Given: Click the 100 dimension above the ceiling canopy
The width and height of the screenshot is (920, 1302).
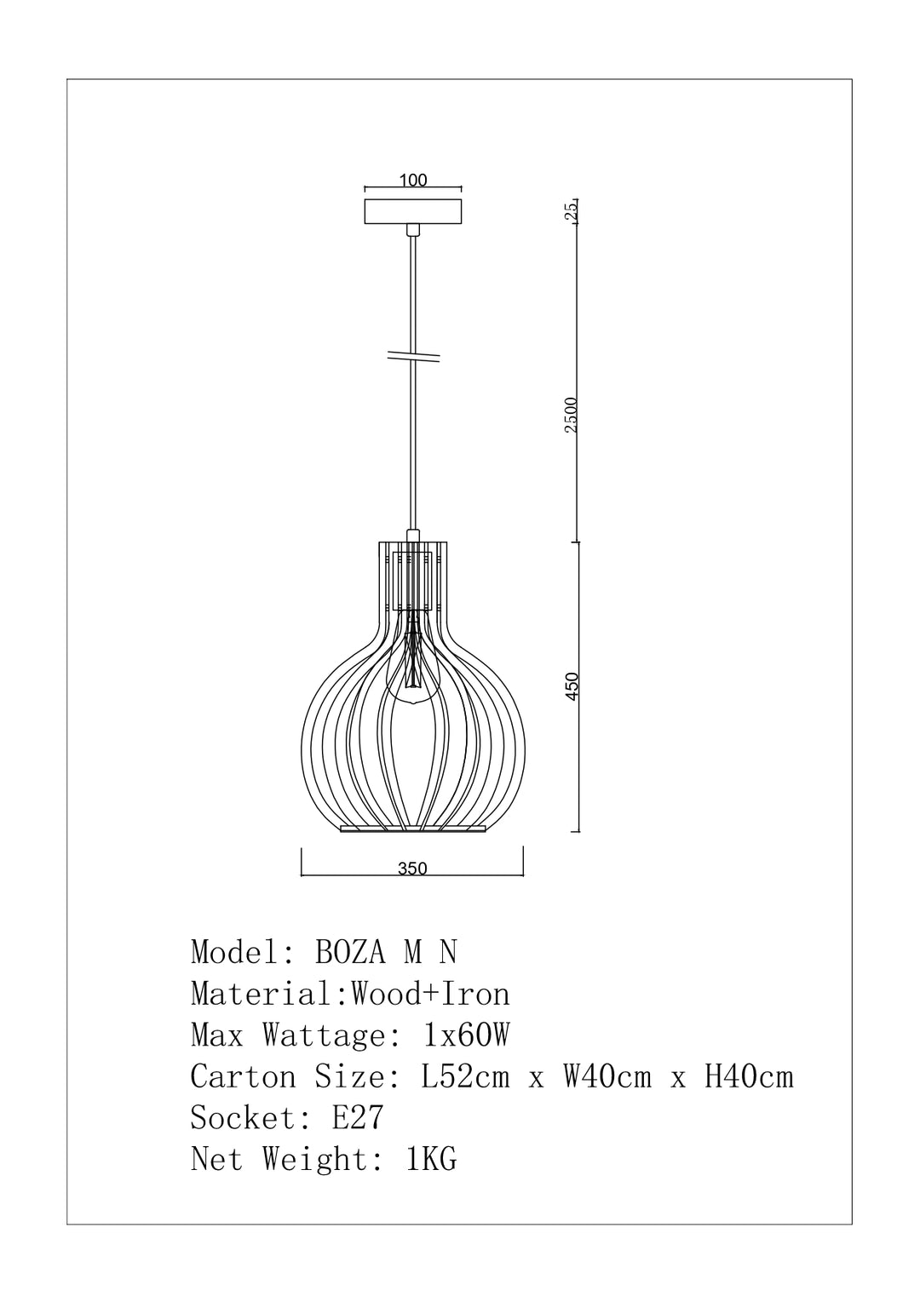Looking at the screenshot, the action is [413, 181].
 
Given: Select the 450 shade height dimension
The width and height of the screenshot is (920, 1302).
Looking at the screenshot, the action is [572, 686].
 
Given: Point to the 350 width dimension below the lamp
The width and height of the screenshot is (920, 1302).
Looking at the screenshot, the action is [412, 869].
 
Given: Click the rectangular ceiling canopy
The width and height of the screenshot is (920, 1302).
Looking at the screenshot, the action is [413, 211].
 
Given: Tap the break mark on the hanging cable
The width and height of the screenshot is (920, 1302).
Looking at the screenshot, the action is [413, 356].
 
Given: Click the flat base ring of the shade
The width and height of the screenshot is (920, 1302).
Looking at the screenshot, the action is [412, 829].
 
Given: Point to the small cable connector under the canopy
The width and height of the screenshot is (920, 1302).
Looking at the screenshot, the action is [413, 230].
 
